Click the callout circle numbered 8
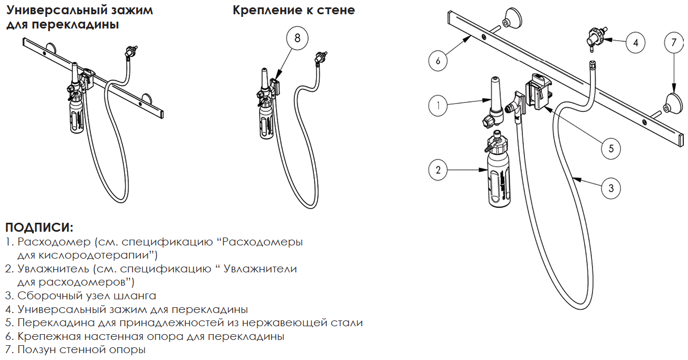tap(297, 38)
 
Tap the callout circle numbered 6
tap(438, 61)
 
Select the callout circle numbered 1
tap(438, 106)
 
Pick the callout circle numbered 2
tap(438, 169)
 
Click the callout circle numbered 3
tap(610, 188)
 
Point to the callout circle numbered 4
tap(635, 42)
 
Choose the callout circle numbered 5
tap(610, 149)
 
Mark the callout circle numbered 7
tap(674, 42)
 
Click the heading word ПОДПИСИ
tap(39, 228)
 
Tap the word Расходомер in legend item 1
tap(54, 242)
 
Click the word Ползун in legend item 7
tap(36, 349)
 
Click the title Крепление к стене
tap(294, 10)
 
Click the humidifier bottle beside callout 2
tap(499, 169)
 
